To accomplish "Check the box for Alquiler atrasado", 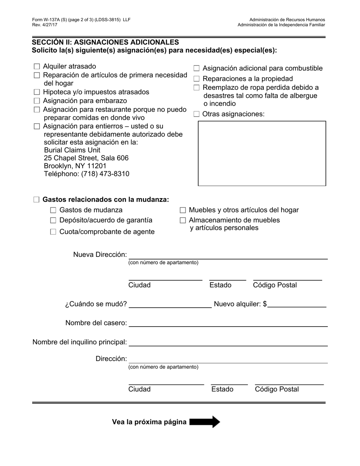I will pyautogui.click(x=37, y=67).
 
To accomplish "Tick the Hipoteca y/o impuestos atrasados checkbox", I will pyautogui.click(x=37, y=92).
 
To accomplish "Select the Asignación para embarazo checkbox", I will pyautogui.click(x=37, y=101).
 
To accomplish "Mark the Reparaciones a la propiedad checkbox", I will pyautogui.click(x=197, y=79).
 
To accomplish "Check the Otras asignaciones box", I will pyautogui.click(x=197, y=114).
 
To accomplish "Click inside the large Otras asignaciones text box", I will pyautogui.click(x=262, y=153).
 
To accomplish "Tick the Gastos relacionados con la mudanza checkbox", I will pyautogui.click(x=36, y=200).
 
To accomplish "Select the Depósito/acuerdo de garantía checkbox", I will pyautogui.click(x=53, y=220).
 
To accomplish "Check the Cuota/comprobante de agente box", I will pyautogui.click(x=53, y=232).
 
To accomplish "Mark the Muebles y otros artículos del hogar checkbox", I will pyautogui.click(x=183, y=210).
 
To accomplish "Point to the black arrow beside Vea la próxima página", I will pyautogui.click(x=205, y=422).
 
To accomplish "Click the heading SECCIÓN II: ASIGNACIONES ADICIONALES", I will pyautogui.click(x=105, y=42).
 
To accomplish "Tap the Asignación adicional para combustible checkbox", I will pyautogui.click(x=197, y=69).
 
